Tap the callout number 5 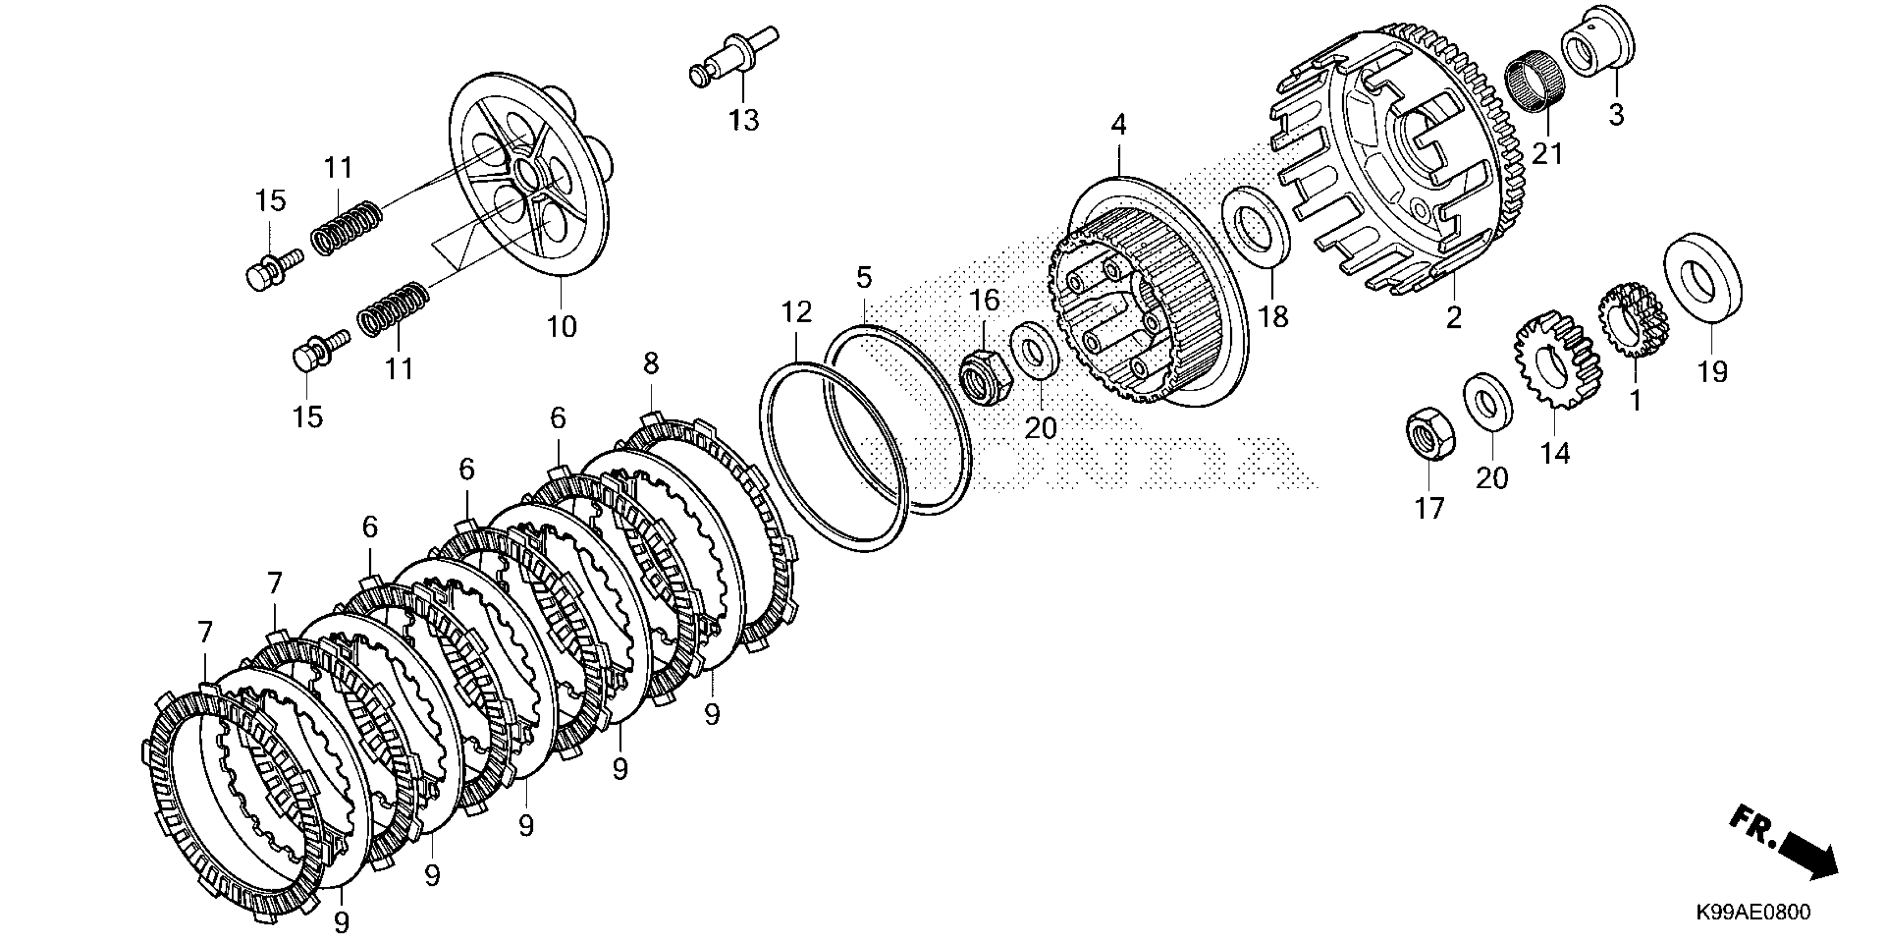(864, 278)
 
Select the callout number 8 (650, 363)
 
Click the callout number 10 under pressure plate (562, 327)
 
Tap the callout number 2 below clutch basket (1453, 317)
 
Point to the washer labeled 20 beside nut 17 (1487, 401)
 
